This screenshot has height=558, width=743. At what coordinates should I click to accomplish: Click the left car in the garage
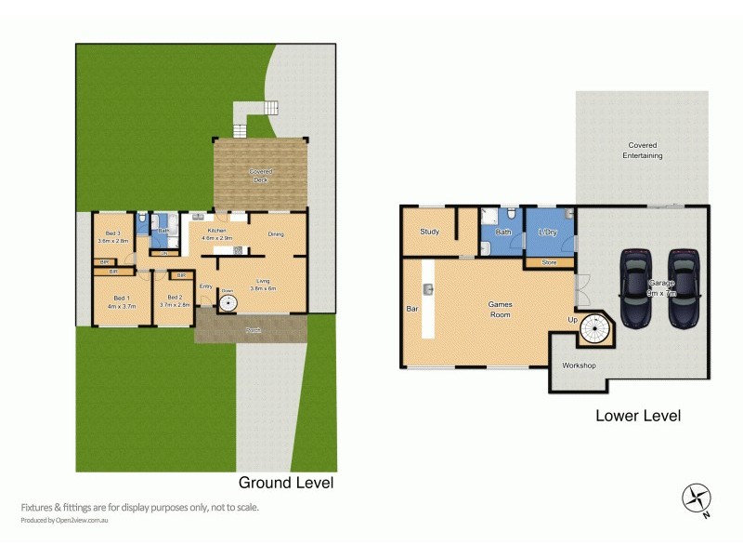[x=638, y=287]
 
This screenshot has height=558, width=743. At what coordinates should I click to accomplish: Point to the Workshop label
[x=579, y=365]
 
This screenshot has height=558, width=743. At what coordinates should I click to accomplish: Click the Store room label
[x=548, y=263]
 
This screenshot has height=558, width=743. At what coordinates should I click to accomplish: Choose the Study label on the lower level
[x=429, y=232]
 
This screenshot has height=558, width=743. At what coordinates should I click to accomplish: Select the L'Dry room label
[x=548, y=232]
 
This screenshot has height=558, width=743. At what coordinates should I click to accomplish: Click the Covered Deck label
[x=259, y=176]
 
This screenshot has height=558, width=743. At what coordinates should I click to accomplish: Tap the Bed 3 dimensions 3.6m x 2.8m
[x=111, y=241]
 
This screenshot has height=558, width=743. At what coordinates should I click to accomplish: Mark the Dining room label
[x=276, y=234]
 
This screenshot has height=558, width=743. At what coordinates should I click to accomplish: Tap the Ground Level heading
[x=286, y=483]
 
